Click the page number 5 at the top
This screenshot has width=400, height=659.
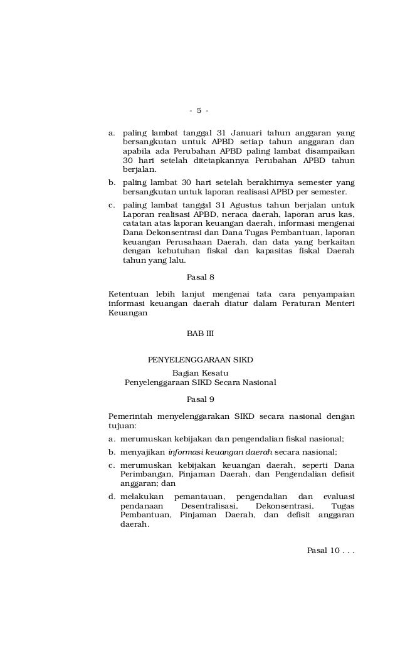(x=199, y=111)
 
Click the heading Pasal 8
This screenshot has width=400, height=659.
(x=201, y=277)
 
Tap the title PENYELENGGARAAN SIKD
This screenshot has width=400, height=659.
(x=200, y=359)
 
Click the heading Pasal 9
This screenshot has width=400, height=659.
(x=201, y=399)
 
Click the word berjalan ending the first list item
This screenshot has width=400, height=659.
(x=140, y=169)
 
